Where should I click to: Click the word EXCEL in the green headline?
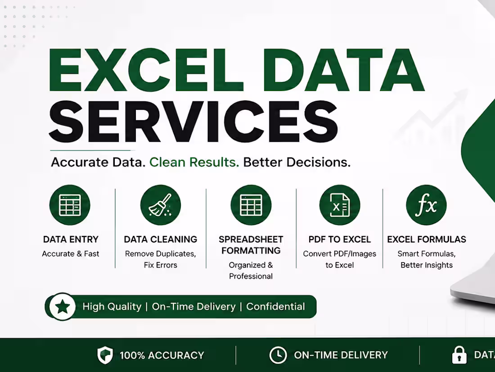146,70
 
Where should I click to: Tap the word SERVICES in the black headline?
193,121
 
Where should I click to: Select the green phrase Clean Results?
194,162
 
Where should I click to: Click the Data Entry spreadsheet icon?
70,205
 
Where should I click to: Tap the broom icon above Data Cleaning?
160,205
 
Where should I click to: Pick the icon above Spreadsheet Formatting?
251,205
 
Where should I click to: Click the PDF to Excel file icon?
340,205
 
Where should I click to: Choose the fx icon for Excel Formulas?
427,205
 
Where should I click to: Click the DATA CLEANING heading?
160,239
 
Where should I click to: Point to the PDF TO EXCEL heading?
340,239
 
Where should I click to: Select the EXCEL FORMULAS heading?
427,239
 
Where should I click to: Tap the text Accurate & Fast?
70,254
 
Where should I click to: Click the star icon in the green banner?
63,307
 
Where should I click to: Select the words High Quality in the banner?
112,307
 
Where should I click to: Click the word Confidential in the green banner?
275,307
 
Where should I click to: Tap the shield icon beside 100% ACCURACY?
105,355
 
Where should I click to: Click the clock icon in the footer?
278,355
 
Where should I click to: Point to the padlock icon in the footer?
459,355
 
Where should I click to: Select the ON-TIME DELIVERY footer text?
341,355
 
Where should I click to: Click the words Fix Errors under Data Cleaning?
160,265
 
